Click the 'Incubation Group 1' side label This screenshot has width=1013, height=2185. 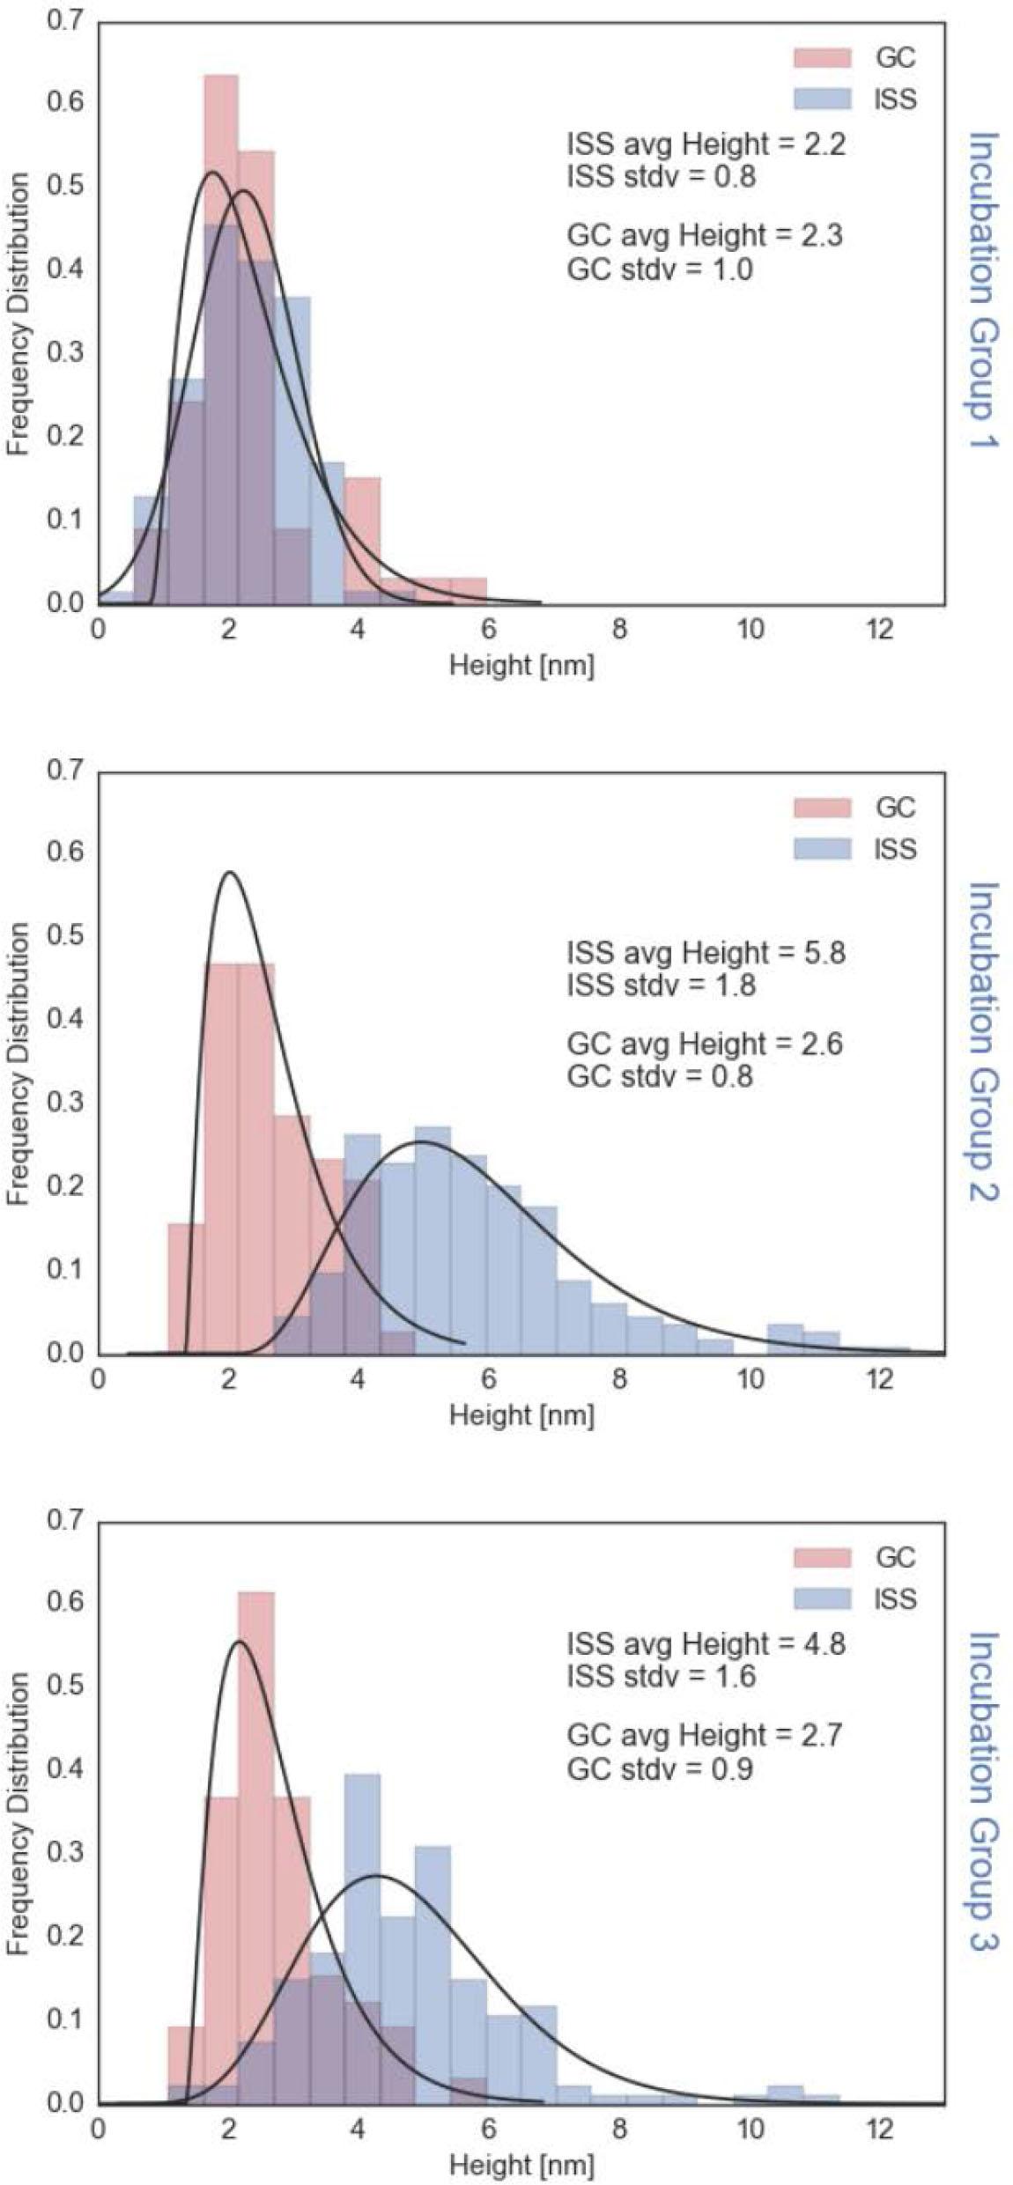click(x=983, y=290)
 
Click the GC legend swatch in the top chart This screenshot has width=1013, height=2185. click(x=822, y=58)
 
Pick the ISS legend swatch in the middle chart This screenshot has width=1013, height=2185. click(x=822, y=849)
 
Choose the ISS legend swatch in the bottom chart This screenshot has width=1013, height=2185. click(x=822, y=1599)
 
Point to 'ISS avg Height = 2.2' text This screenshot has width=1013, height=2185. click(x=706, y=144)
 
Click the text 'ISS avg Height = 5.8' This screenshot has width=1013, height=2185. click(x=706, y=953)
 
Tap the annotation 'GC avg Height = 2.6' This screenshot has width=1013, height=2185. click(x=705, y=1045)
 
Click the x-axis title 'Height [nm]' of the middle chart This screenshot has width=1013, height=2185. click(x=521, y=1416)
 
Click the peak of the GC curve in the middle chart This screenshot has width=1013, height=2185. click(x=230, y=873)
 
